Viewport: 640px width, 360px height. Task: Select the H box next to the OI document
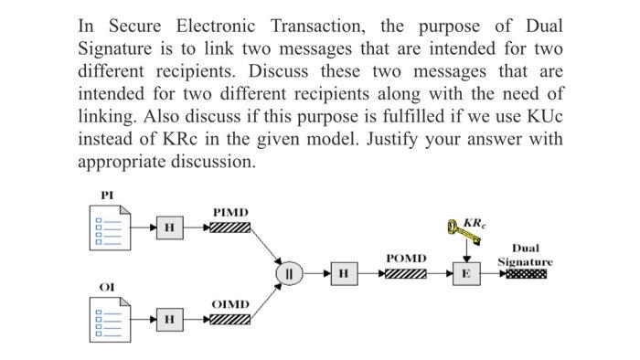[x=168, y=319]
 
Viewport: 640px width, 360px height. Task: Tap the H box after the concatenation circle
[x=343, y=273]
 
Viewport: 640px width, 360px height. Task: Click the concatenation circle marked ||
[x=290, y=273]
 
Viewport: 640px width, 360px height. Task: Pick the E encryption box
[x=466, y=273]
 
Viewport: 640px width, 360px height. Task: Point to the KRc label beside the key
[x=475, y=223]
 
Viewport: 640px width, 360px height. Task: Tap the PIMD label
[x=230, y=212]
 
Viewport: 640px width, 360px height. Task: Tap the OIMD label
[x=230, y=304]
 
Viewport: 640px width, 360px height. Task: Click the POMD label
[x=406, y=259]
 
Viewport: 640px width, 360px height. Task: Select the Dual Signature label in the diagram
[x=525, y=255]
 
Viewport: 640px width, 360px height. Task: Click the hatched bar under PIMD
[x=229, y=227]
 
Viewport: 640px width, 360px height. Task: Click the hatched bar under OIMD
[x=229, y=319]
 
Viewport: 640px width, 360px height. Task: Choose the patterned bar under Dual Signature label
[x=526, y=273]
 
